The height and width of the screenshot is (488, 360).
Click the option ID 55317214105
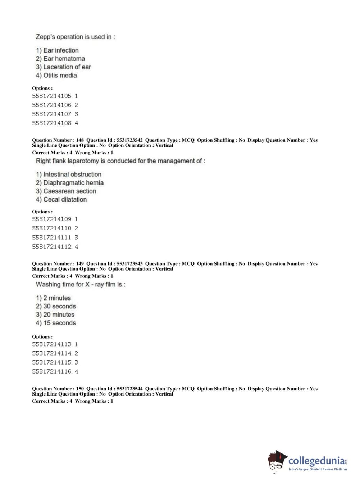point(52,96)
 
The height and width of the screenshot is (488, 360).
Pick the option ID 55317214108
point(52,123)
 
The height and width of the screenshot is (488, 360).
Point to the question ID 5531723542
point(129,140)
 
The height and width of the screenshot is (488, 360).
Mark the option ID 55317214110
point(52,228)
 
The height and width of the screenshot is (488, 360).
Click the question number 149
point(80,264)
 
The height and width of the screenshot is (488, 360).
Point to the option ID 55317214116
point(52,371)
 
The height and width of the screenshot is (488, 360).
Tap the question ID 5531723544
point(129,389)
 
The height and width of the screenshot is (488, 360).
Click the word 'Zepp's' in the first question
point(45,37)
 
